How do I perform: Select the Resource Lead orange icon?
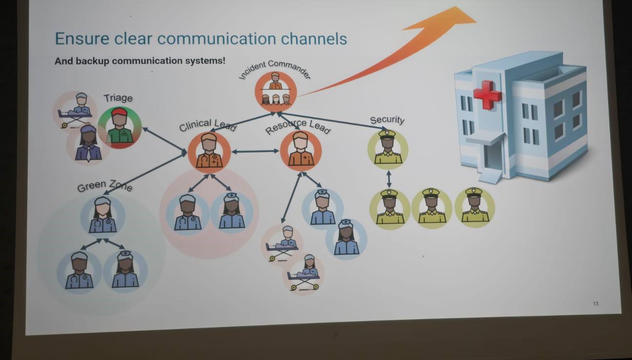(301, 151)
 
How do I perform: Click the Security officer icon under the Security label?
(387, 149)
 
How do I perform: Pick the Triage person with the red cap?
(119, 128)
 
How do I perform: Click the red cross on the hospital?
(487, 94)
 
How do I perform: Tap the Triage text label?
(118, 98)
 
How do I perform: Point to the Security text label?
(387, 120)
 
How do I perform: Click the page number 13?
(595, 304)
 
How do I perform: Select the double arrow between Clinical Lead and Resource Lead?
(255, 152)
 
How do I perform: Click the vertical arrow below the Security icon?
(388, 178)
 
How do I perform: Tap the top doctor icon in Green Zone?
(102, 215)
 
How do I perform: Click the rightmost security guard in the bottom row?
(475, 207)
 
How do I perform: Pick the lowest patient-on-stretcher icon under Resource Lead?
(303, 274)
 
